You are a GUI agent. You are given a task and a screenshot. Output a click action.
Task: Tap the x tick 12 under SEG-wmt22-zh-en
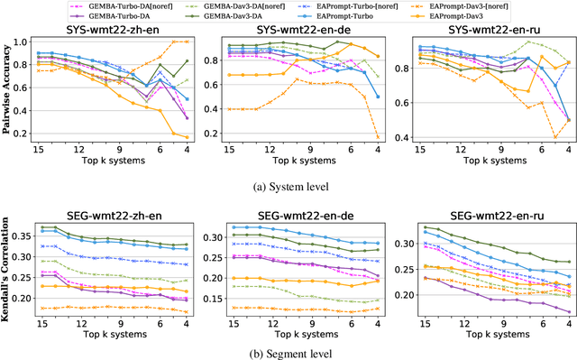tap(79, 322)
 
